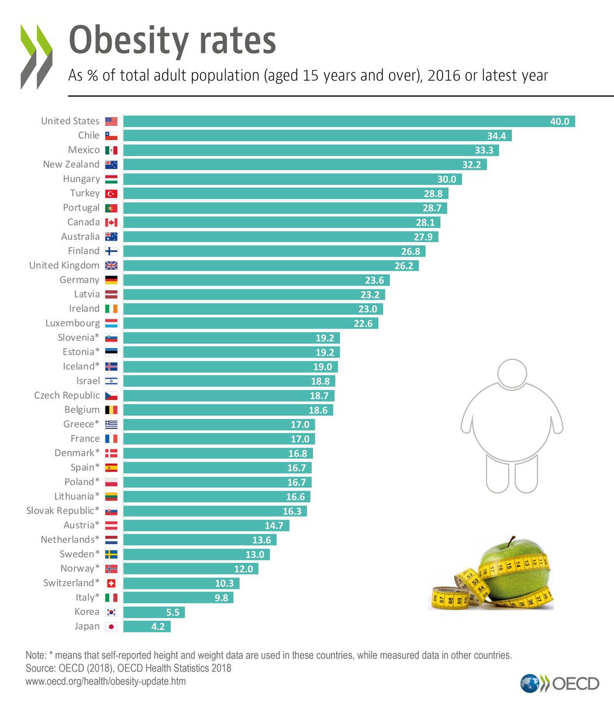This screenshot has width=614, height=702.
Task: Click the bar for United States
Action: tap(349, 121)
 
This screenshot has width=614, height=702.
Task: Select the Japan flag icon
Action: tap(111, 627)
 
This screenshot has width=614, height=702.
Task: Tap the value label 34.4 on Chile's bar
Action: tap(496, 136)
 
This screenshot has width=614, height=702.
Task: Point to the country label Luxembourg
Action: tap(73, 323)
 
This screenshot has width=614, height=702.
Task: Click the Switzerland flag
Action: tap(111, 583)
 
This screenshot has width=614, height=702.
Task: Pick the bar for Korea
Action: tap(154, 612)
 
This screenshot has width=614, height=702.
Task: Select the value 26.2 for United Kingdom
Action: tap(403, 266)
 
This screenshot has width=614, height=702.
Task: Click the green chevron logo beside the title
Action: tap(36, 56)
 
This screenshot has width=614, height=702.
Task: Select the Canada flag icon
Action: tap(111, 222)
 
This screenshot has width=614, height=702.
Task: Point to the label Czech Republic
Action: tap(67, 395)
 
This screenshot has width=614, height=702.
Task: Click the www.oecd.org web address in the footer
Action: tap(106, 682)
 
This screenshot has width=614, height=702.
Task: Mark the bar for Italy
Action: tap(178, 597)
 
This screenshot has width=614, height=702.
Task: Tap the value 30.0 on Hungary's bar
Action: tap(447, 179)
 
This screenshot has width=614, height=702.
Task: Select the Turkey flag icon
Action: tap(111, 194)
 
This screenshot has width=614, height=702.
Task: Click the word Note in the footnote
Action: tap(36, 655)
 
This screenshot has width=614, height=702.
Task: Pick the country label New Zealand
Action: tap(71, 164)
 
